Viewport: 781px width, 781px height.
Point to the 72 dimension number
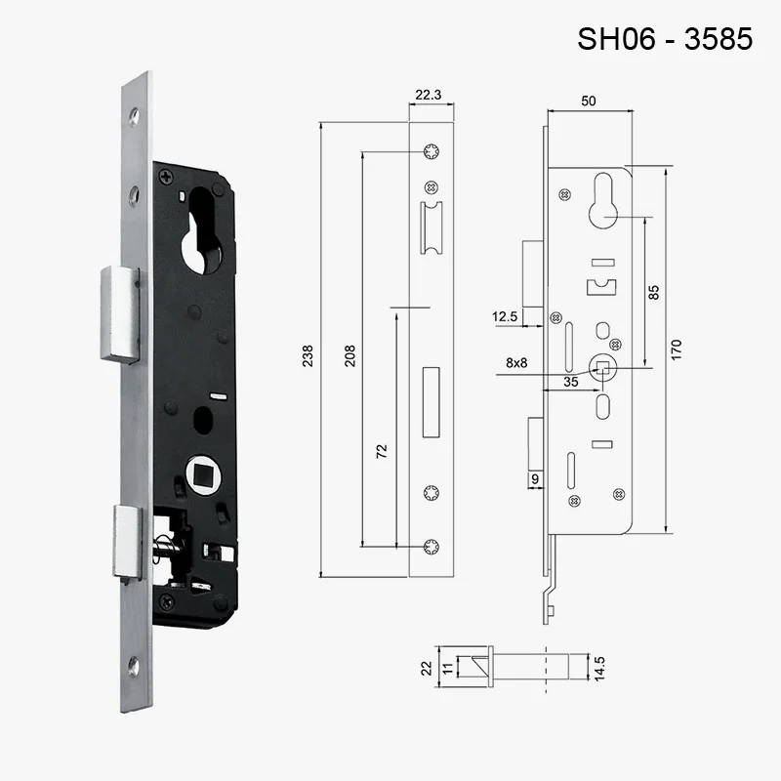point(382,450)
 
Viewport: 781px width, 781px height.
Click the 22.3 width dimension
point(429,95)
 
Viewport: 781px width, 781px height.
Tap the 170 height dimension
point(676,349)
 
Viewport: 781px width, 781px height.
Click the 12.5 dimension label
point(505,316)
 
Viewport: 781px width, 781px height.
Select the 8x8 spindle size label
point(517,362)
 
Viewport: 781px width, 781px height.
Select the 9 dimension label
point(534,478)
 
